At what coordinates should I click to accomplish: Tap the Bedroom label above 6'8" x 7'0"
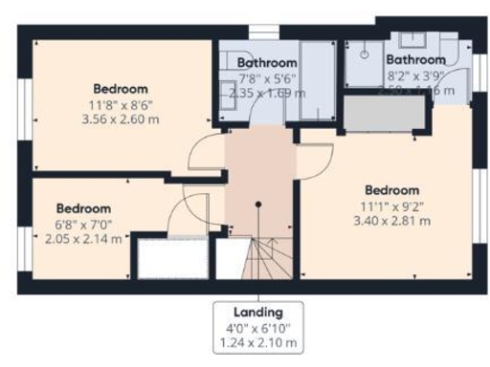point(83,208)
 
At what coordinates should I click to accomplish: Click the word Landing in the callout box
point(257,313)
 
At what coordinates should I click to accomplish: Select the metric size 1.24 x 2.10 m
point(257,342)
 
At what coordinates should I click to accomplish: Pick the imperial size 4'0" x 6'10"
point(257,328)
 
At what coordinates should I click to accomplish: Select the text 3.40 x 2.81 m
point(392,220)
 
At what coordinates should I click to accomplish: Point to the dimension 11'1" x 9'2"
point(392,205)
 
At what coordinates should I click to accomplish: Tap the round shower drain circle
point(365,54)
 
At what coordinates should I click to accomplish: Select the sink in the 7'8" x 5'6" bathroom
point(229,92)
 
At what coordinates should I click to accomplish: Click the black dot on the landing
point(257,204)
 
